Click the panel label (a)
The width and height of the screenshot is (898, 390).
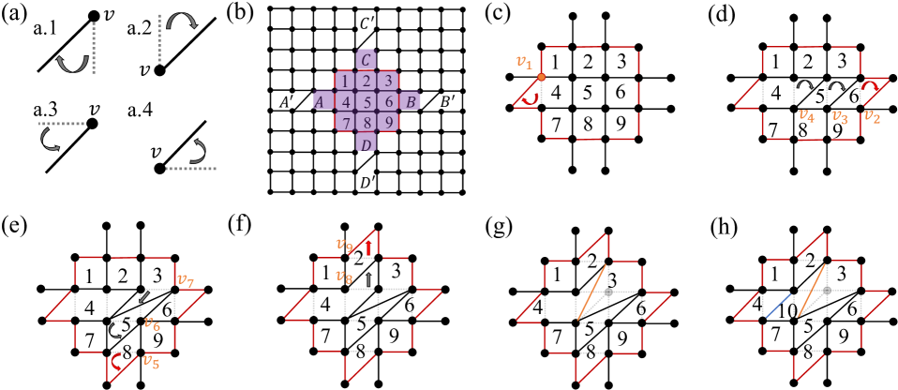tap(16, 16)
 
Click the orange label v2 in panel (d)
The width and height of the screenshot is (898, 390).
tap(873, 116)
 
